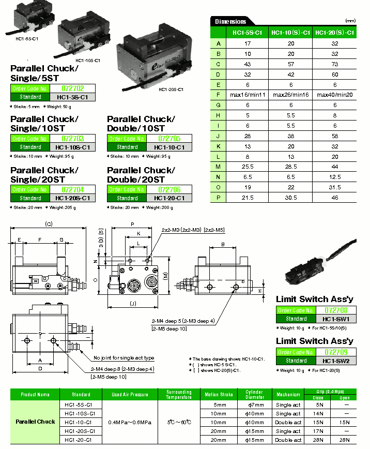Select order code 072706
[x=169, y=190]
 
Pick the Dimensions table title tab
[x=230, y=21]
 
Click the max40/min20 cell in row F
[x=335, y=95]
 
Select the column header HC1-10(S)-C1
[x=291, y=33]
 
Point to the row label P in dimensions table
[x=219, y=197]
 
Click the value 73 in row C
[x=335, y=64]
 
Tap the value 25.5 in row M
[x=247, y=167]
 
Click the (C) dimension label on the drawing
[x=49, y=224]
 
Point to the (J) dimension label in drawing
[x=133, y=303]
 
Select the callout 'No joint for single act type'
[x=124, y=358]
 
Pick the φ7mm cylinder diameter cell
[x=252, y=405]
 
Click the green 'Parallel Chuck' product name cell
[x=35, y=422]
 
